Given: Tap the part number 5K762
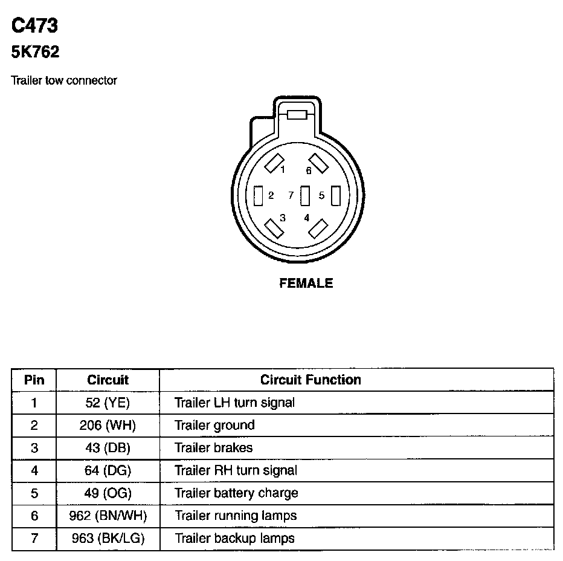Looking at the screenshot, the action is point(35,53).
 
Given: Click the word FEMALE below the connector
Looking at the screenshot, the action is point(306,283).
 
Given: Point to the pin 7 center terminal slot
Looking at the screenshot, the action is point(305,195).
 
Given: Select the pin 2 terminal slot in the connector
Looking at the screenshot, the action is point(259,195).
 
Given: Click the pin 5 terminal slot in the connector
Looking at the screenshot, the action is point(336,195).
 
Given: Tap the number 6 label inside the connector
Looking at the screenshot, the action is point(308,171).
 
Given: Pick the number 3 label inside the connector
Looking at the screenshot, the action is point(283,218).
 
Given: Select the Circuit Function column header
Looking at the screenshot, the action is point(310,380).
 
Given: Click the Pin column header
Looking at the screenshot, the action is point(34,380).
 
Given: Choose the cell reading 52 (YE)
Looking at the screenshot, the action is point(108,403).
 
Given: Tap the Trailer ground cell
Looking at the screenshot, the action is point(214,425).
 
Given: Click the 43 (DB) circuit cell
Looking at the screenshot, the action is point(108,448).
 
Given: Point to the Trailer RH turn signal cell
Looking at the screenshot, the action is point(236,470).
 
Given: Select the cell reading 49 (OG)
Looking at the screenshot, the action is point(108,493).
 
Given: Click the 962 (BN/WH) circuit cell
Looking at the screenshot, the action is point(108,516).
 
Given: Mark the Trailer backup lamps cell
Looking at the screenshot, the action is point(234,538).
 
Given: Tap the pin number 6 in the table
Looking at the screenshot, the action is point(34,516).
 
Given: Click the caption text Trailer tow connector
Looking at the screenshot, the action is point(64,80).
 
